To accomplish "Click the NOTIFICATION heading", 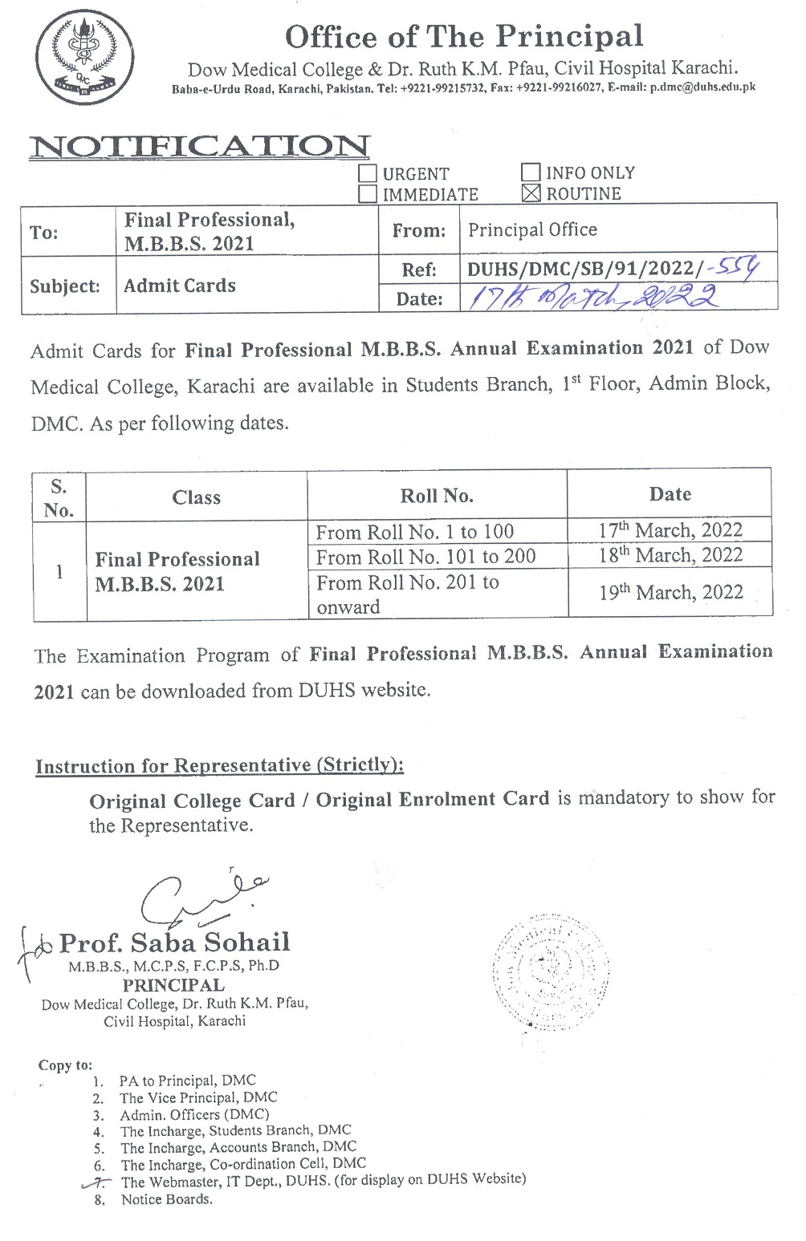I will tap(199, 147).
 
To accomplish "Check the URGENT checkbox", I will tap(368, 173).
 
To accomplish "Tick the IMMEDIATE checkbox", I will tap(368, 194).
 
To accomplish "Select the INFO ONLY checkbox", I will tap(531, 172).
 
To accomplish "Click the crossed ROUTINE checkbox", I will tap(531, 193).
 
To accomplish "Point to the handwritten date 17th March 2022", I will tap(593, 298).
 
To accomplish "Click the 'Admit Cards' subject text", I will tap(180, 286).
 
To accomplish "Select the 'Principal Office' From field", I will tap(532, 230).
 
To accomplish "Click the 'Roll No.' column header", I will tap(437, 496).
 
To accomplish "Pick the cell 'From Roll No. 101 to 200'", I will tap(425, 557).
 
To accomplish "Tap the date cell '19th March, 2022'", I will tap(670, 593).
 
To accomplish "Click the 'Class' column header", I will tap(196, 497).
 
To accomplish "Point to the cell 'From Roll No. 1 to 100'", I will tap(414, 532).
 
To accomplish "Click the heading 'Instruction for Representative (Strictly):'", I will tap(219, 766).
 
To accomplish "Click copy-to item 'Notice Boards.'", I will tap(166, 1199).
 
